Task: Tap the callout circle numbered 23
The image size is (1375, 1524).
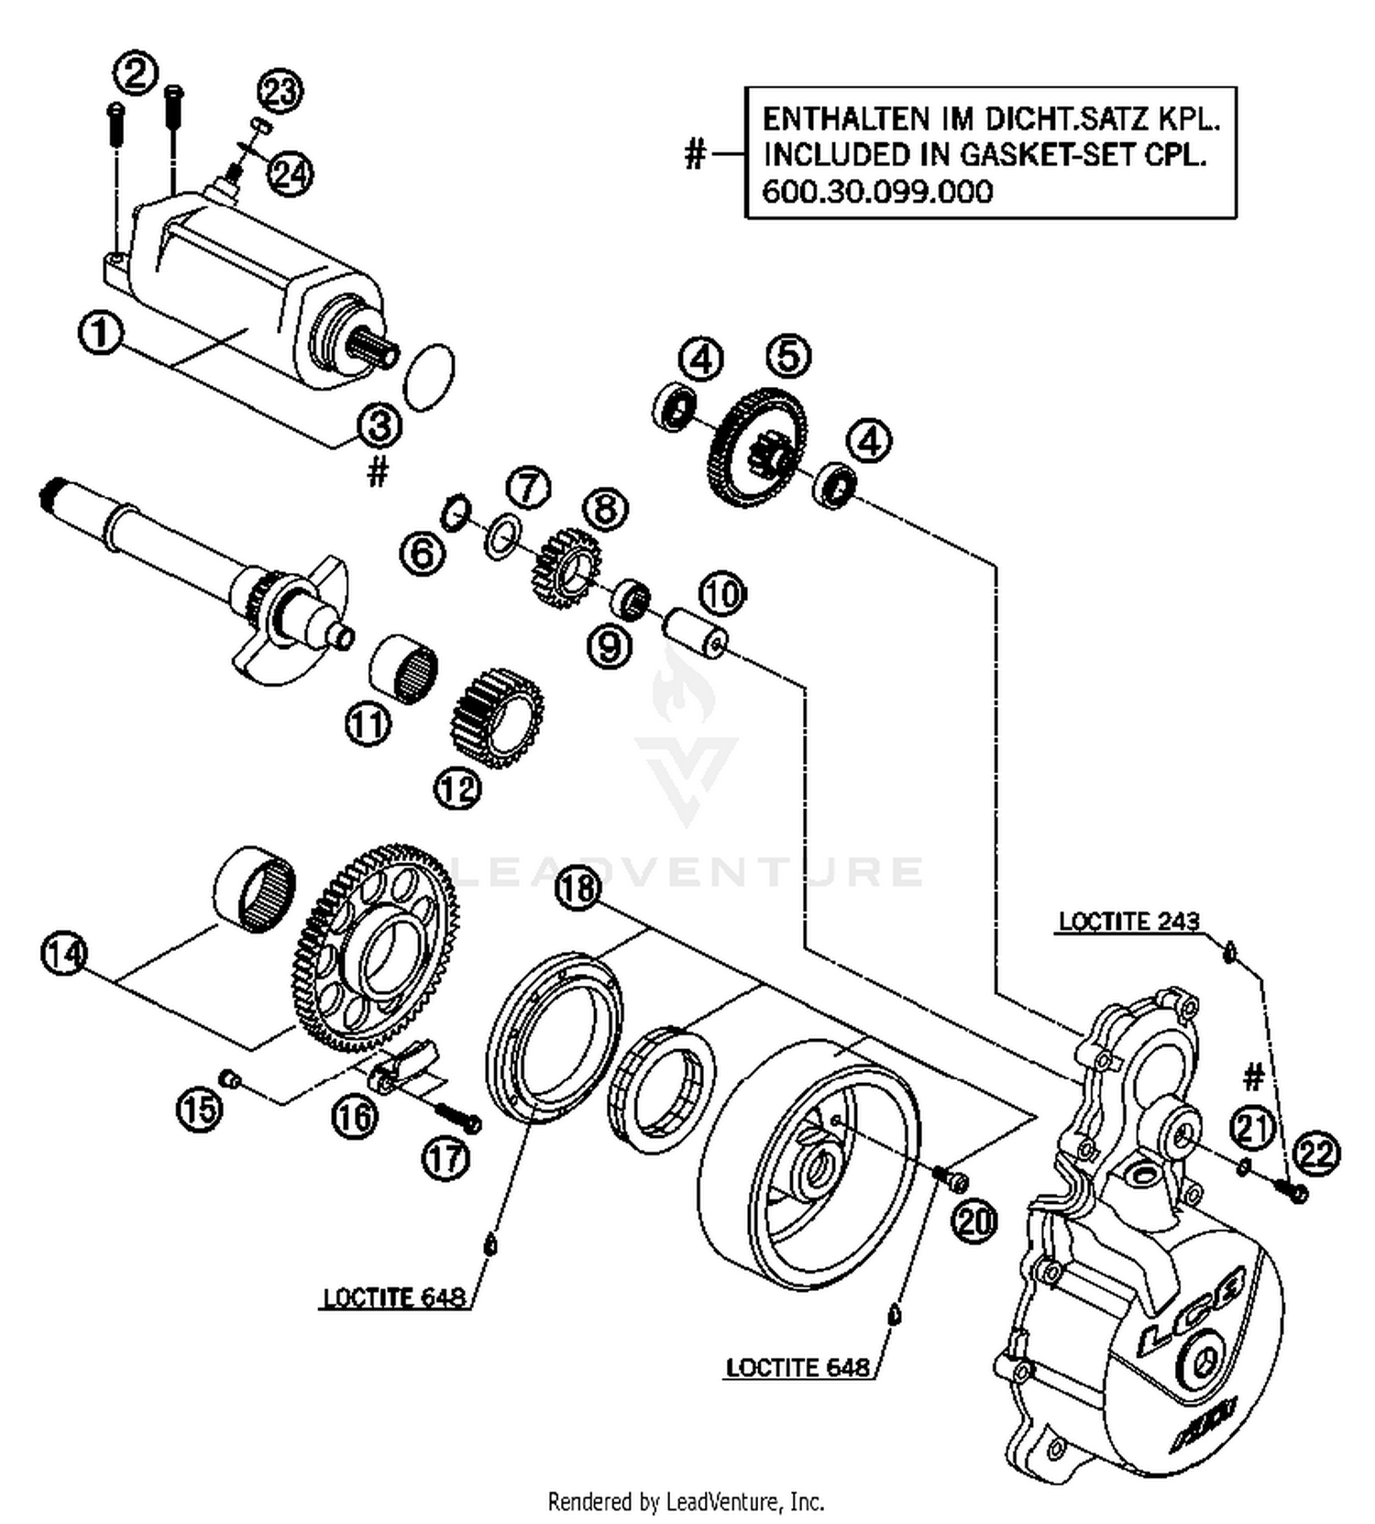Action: tap(280, 92)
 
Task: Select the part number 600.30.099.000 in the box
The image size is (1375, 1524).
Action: tap(877, 192)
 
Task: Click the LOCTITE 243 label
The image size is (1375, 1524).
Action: tap(1128, 921)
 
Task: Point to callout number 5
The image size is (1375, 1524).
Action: tap(788, 356)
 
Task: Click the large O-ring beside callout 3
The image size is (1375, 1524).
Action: tap(429, 377)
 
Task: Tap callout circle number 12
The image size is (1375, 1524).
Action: tap(458, 788)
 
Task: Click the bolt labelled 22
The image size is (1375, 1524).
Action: tap(1294, 1191)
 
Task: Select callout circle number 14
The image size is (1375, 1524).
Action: tap(64, 954)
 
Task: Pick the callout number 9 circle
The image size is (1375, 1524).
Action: tap(610, 646)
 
